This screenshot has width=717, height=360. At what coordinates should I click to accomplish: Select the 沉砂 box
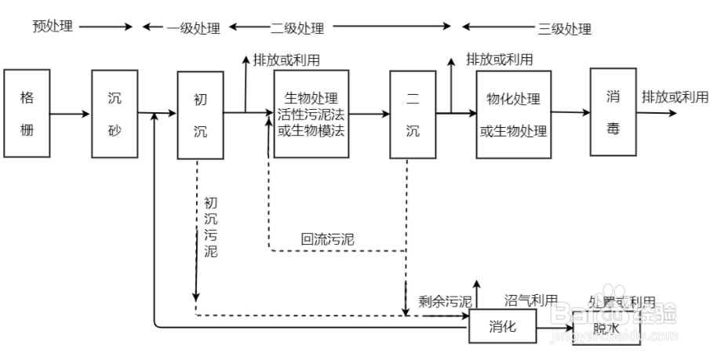point(115,113)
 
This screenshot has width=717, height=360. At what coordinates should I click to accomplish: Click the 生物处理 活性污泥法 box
point(311,114)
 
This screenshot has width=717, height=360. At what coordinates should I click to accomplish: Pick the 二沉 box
point(413,115)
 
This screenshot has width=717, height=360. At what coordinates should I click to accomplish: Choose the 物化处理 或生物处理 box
point(513,114)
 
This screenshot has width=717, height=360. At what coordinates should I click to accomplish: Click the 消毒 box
point(613,111)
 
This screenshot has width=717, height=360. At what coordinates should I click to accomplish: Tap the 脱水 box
point(606,329)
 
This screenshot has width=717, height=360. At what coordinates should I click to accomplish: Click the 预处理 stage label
point(53,27)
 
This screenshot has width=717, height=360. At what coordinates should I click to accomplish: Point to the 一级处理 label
point(194,28)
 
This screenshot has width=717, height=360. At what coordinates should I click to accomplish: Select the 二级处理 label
point(297,28)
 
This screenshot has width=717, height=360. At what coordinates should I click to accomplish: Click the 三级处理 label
point(564,29)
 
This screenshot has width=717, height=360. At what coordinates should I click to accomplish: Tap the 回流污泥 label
point(327,239)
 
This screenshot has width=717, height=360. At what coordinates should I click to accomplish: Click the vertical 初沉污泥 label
point(210,227)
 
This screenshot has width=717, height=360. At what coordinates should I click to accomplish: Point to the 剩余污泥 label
point(445,301)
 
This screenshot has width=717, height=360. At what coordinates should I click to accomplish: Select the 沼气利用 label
point(530,300)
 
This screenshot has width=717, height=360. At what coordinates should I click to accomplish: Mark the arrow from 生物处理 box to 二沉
point(369,114)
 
